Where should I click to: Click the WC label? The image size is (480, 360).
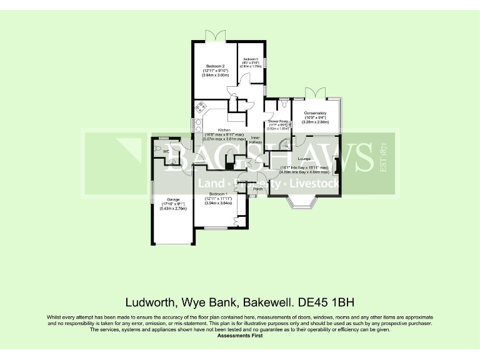click(166, 151)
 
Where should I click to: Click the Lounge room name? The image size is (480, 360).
click(304, 159)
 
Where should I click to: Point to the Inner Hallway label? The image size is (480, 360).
click(256, 140)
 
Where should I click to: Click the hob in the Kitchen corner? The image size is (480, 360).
click(201, 107)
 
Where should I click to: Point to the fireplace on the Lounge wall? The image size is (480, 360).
click(337, 166)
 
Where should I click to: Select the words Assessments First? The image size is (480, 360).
click(240, 336)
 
